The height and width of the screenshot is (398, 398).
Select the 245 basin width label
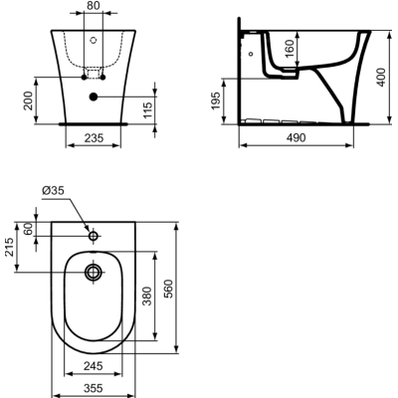(x=93, y=364)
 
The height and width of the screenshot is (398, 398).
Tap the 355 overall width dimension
(x=93, y=387)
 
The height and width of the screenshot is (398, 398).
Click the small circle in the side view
(x=251, y=53)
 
